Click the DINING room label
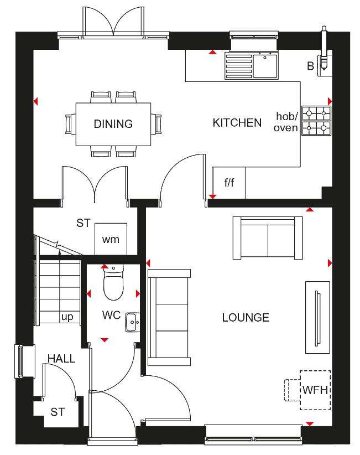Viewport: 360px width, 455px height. pyautogui.click(x=113, y=124)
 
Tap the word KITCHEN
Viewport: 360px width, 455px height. pyautogui.click(x=237, y=123)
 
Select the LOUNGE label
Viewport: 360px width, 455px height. pyautogui.click(x=246, y=318)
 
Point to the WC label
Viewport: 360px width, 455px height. pyautogui.click(x=111, y=315)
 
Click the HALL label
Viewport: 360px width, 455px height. pyautogui.click(x=61, y=359)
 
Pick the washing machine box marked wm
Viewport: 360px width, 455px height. pyautogui.click(x=111, y=239)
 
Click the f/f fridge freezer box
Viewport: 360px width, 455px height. pyautogui.click(x=229, y=183)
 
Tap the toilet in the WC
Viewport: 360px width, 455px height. pyautogui.click(x=113, y=283)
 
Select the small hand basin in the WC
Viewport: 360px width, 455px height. pyautogui.click(x=133, y=322)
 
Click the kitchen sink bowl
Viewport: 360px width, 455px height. pyautogui.click(x=265, y=66)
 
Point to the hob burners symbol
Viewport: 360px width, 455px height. pyautogui.click(x=316, y=121)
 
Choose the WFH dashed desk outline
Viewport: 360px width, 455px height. pyautogui.click(x=315, y=390)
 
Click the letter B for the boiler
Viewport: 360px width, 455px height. pyautogui.click(x=310, y=66)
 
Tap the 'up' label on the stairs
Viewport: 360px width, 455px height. pyautogui.click(x=67, y=317)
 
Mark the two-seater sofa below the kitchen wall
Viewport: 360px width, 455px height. pyautogui.click(x=268, y=238)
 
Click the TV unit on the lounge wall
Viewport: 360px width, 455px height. pyautogui.click(x=317, y=318)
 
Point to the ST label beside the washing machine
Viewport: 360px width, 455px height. pyautogui.click(x=83, y=223)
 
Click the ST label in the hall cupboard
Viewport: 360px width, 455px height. pyautogui.click(x=58, y=412)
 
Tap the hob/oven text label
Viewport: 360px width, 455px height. pyautogui.click(x=286, y=122)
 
